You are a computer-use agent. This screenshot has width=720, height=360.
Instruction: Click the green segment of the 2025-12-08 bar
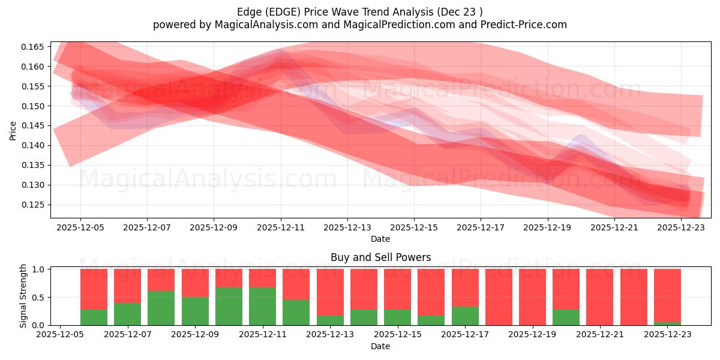[161, 308]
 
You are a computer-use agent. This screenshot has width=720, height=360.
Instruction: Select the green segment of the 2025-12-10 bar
[229, 306]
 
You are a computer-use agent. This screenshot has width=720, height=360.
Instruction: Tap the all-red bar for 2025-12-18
[499, 297]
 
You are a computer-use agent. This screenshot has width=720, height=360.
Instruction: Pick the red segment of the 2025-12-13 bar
[330, 292]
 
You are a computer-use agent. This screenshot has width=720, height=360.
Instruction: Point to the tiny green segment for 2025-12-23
[667, 323]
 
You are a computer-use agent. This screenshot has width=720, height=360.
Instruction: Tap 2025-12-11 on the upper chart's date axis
[281, 227]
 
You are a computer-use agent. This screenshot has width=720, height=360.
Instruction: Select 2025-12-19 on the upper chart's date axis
[547, 227]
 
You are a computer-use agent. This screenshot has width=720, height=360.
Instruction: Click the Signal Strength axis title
[23, 296]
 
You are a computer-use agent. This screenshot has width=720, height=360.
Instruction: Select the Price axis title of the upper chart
[13, 130]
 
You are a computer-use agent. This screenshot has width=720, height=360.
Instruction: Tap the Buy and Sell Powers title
[380, 257]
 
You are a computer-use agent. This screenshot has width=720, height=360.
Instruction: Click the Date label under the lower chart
[380, 346]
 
